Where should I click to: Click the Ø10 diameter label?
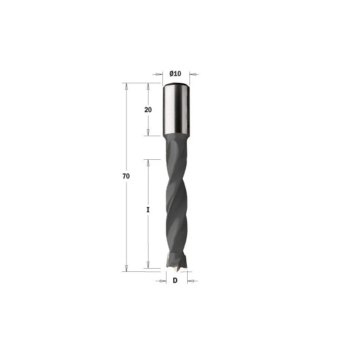point(175,74)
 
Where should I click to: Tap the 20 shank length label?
point(148,110)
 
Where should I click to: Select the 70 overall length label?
point(126,176)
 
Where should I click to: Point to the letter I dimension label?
point(148,210)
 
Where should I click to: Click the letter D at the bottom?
point(175,280)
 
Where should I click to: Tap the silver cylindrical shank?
point(176,108)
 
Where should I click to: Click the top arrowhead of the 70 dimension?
point(126,86)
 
